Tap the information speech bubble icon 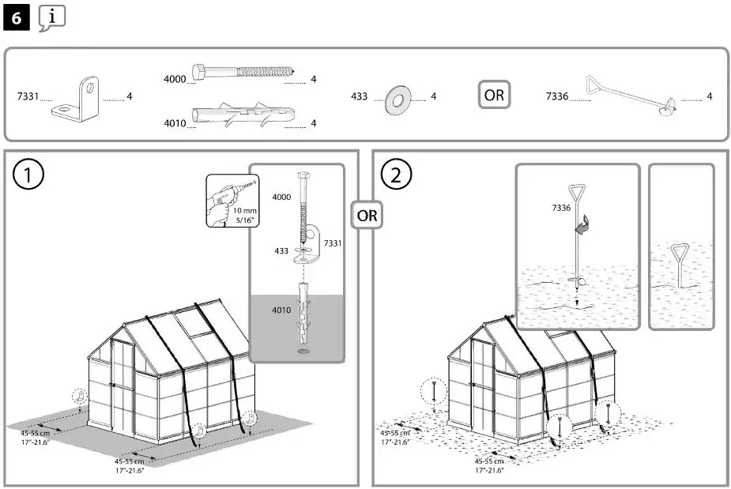(51, 17)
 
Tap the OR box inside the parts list (494, 96)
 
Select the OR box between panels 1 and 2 (366, 214)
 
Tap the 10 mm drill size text (245, 211)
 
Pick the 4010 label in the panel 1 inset (281, 310)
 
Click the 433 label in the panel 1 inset (281, 250)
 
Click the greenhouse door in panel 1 (122, 387)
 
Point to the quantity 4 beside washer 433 (433, 96)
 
